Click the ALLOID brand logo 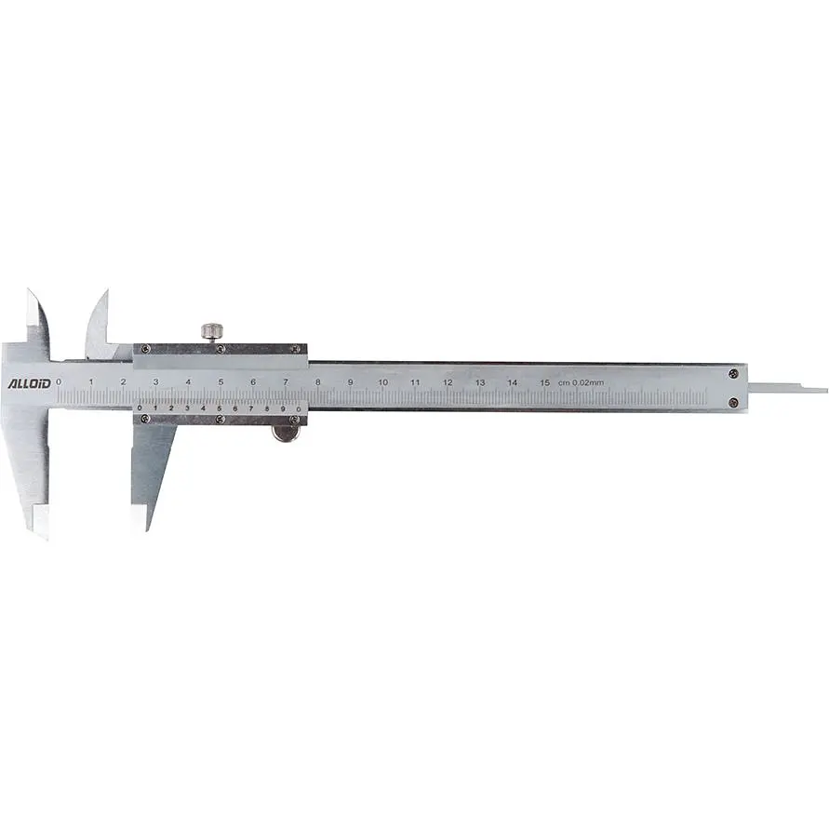29,383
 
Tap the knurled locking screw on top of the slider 212,331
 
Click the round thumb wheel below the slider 286,433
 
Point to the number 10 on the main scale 382,382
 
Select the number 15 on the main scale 544,382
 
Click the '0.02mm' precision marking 588,382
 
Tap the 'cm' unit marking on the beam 564,382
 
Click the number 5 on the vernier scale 219,408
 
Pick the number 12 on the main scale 448,382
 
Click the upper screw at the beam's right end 733,374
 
